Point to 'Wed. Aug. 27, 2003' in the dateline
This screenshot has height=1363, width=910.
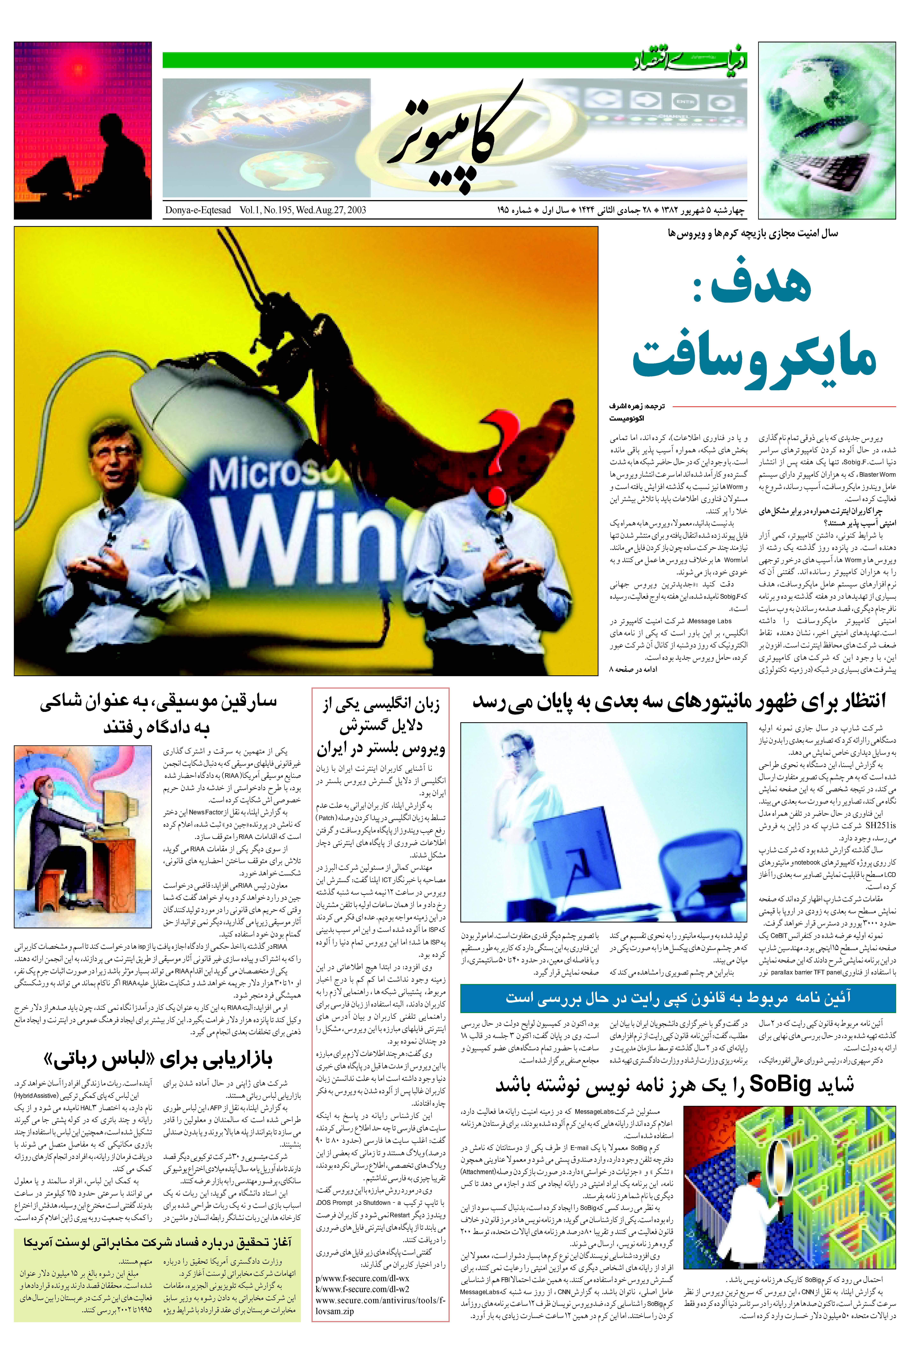(331, 210)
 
